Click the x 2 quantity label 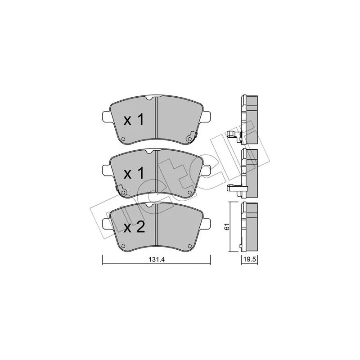coord(134,228)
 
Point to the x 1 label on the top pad coord(134,120)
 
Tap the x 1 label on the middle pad coord(134,174)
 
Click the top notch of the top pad coord(148,98)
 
